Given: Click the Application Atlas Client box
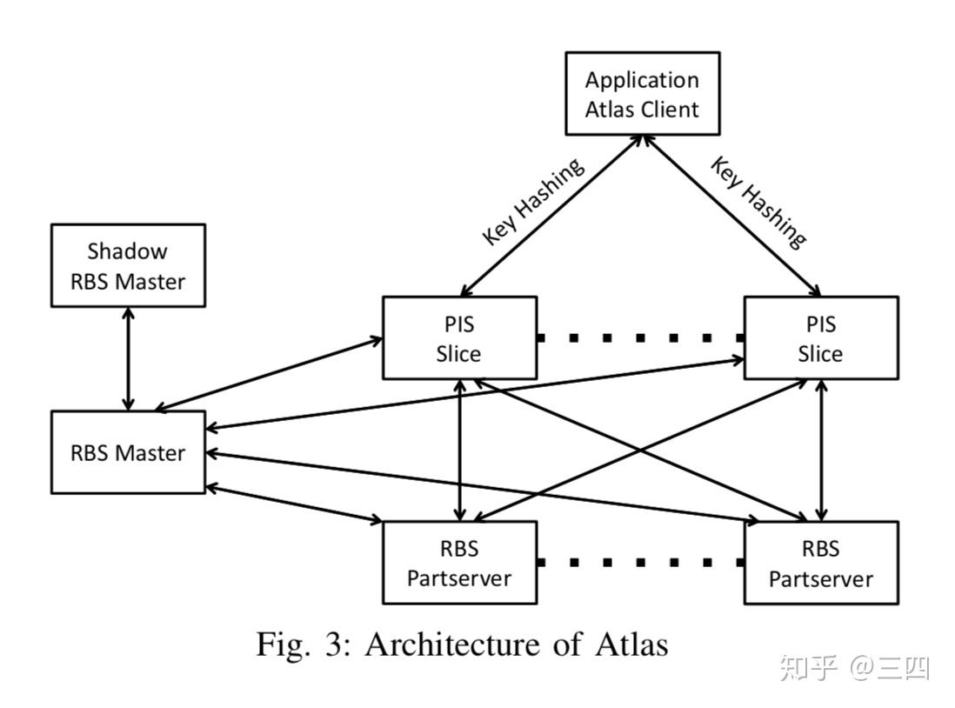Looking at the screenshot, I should (x=642, y=94).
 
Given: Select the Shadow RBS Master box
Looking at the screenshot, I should (x=128, y=265).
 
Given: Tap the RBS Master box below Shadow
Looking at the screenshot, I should (x=128, y=452).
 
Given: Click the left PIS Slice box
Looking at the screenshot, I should (x=459, y=338).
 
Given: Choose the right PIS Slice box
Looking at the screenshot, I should (x=820, y=338).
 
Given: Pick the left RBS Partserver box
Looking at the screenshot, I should (x=459, y=563).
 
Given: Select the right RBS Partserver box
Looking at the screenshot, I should (x=820, y=563).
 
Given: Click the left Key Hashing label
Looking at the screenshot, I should (x=532, y=203).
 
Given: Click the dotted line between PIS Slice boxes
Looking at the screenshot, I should (x=639, y=337).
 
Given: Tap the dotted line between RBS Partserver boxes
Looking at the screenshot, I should (x=639, y=562).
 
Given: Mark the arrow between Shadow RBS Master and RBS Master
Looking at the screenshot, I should (x=129, y=358).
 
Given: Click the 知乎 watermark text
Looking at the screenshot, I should (x=808, y=668).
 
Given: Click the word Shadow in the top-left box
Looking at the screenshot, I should (x=128, y=251).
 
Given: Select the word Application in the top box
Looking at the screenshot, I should (x=642, y=80).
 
